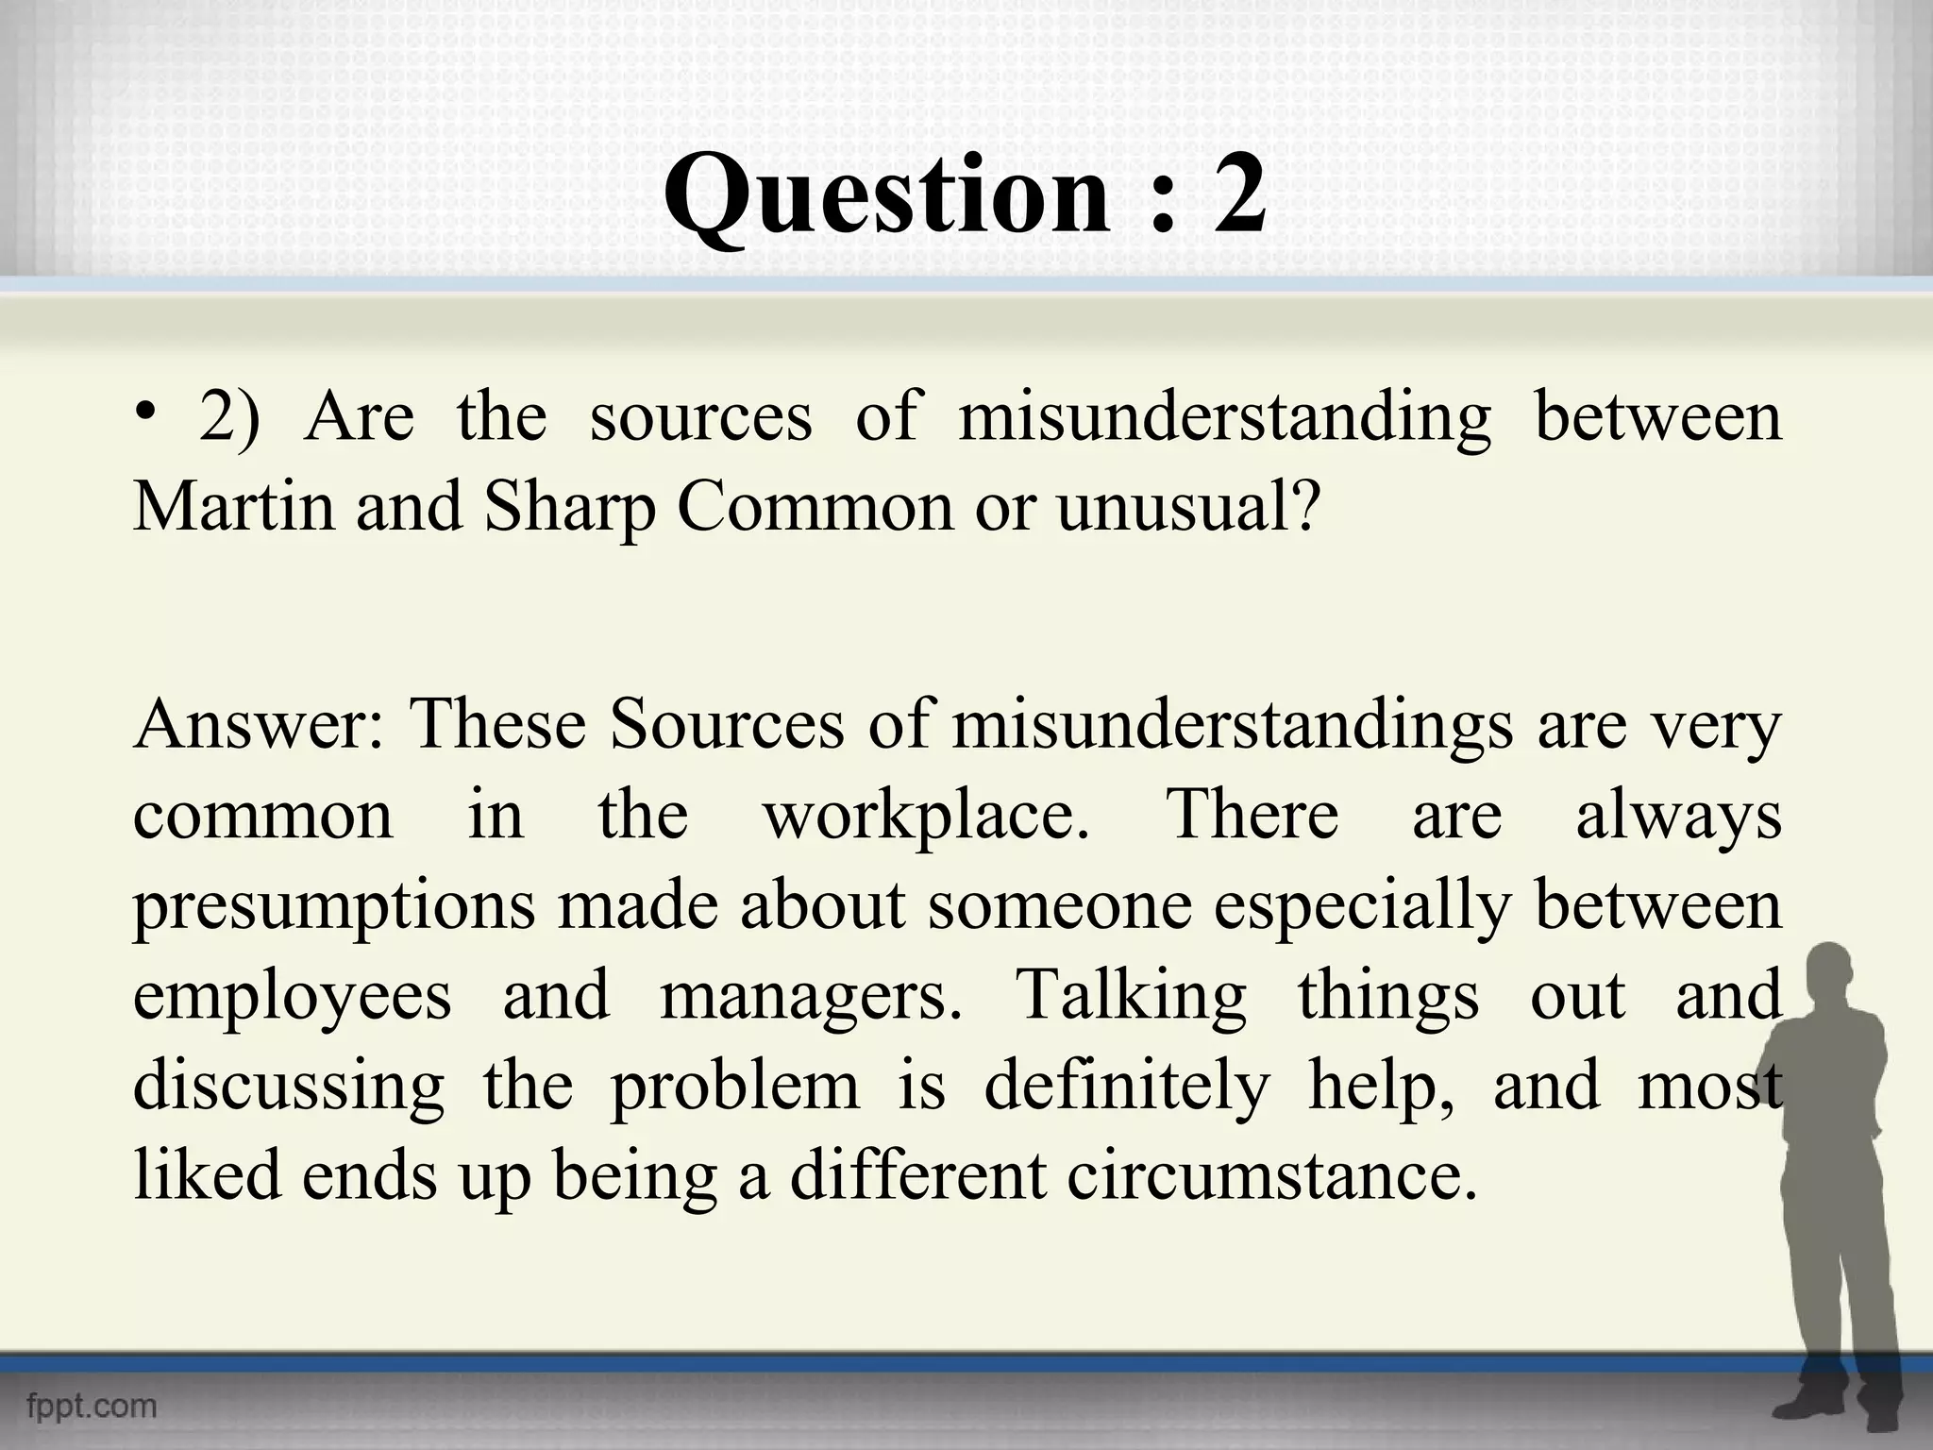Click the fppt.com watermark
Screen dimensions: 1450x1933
92,1406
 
